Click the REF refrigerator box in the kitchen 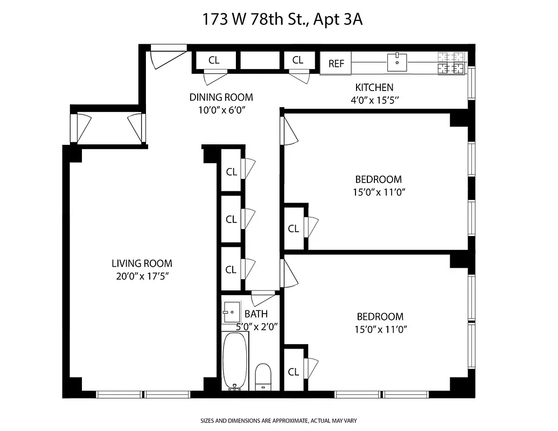click(336, 64)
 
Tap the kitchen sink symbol click(397, 62)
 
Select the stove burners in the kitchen click(451, 62)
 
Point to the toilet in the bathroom click(263, 376)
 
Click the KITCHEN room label click(374, 87)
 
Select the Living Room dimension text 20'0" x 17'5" click(142, 277)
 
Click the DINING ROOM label click(221, 98)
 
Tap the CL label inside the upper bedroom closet click(293, 228)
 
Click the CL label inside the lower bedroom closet click(293, 372)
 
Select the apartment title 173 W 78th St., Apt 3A click(282, 20)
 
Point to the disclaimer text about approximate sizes click(279, 420)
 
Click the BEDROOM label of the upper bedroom click(378, 179)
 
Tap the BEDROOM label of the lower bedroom click(380, 317)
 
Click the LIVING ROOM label click(142, 263)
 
